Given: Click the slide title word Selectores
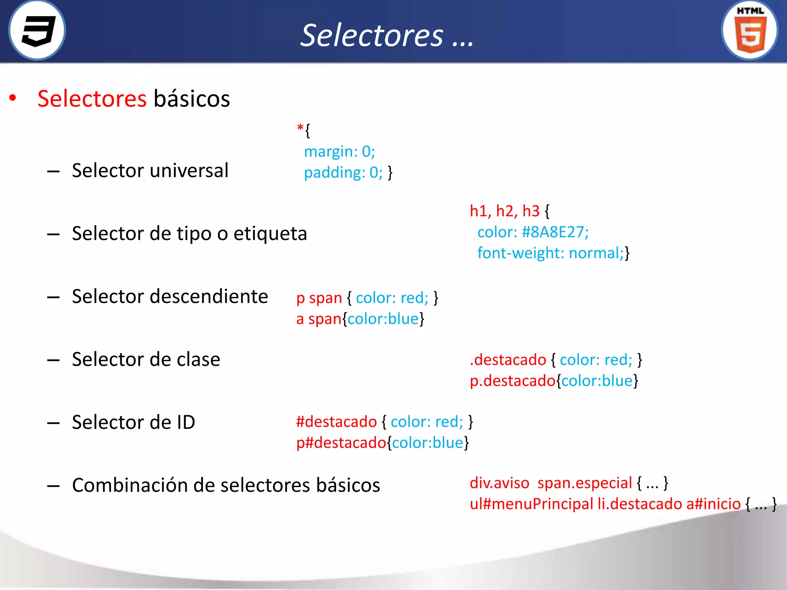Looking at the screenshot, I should (372, 35).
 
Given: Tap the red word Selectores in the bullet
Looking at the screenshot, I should (92, 99).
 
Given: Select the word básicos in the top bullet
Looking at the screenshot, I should (191, 99).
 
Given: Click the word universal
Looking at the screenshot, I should (192, 170).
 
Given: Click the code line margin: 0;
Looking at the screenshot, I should (339, 151).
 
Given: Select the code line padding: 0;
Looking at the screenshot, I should (343, 172).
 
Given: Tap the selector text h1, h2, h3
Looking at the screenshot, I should (505, 211).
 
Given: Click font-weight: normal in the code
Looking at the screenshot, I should (550, 253).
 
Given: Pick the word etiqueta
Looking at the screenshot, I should (270, 234).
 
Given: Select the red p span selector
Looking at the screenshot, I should (319, 298).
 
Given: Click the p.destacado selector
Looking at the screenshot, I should (513, 381).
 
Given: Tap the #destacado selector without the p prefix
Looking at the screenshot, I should (336, 422).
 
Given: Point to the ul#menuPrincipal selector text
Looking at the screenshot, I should (531, 504).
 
